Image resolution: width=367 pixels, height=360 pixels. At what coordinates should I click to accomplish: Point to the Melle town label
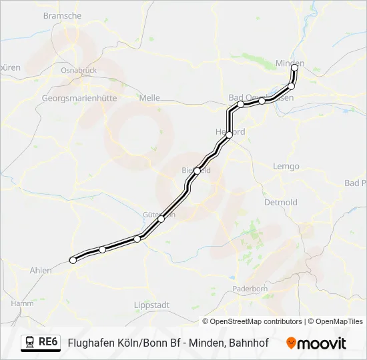[x=149, y=97]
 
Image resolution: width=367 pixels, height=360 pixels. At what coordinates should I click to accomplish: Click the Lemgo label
[x=287, y=166]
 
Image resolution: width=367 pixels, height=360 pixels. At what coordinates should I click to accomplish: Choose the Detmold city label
[x=280, y=202]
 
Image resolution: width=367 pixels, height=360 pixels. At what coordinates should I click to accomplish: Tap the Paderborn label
[x=250, y=289]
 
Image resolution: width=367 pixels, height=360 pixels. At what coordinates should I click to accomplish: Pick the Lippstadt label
[x=151, y=305]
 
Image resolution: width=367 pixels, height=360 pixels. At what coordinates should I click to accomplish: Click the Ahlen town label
[x=41, y=270]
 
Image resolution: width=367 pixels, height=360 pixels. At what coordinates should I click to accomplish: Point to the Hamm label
[x=23, y=303]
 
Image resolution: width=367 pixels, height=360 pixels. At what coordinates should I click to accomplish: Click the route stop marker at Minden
[x=294, y=68]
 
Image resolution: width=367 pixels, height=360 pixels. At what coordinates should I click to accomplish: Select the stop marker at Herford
[x=229, y=135]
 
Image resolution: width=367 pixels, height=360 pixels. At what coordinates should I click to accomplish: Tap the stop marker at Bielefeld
[x=197, y=171]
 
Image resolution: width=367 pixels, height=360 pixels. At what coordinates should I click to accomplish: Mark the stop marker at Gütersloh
[x=161, y=219]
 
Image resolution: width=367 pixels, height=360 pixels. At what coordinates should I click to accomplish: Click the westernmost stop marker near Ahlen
[x=73, y=260]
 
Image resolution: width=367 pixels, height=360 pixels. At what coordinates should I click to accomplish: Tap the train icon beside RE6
[x=30, y=343]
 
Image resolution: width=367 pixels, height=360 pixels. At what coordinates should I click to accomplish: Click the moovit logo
[x=316, y=343]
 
